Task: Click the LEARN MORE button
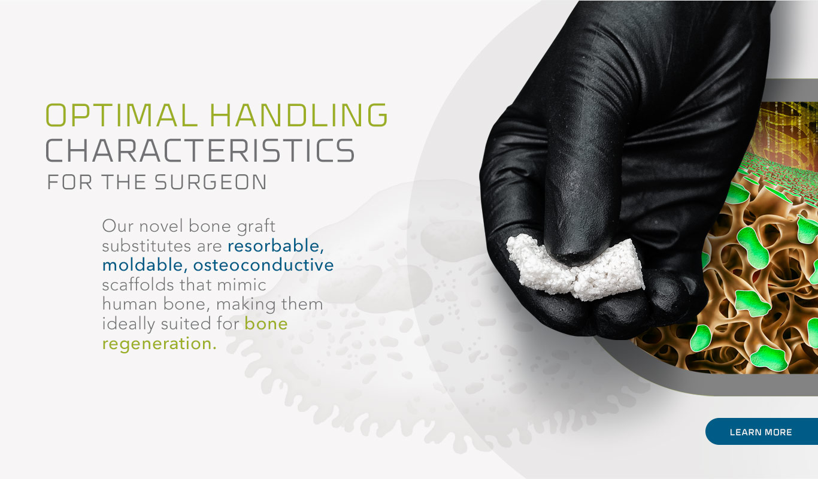click(x=762, y=432)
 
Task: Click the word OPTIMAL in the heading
click(x=121, y=115)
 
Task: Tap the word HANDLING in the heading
click(x=299, y=115)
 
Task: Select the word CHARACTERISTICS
click(x=200, y=150)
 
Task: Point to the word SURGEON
click(x=211, y=182)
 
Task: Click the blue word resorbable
click(x=275, y=245)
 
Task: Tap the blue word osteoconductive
click(x=263, y=265)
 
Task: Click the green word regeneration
click(x=159, y=344)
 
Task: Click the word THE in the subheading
click(x=124, y=182)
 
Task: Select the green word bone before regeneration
click(x=266, y=324)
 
